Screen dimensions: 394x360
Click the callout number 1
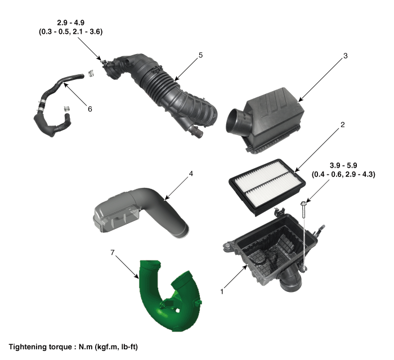[222, 291]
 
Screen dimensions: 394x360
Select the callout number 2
[342, 124]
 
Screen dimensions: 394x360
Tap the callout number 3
[345, 56]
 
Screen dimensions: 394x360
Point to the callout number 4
[191, 173]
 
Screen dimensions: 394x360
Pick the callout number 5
[200, 55]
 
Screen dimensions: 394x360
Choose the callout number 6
[89, 109]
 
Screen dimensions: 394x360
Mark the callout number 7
[113, 253]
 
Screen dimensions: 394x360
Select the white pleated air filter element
[267, 187]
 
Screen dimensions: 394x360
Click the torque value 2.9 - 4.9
[70, 22]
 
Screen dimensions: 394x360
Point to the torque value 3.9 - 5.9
[343, 165]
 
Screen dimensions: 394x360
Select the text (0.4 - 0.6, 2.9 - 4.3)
[343, 174]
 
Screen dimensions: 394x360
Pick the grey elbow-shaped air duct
[140, 213]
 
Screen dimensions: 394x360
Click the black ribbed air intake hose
[161, 93]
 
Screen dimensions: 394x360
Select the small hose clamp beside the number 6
[67, 109]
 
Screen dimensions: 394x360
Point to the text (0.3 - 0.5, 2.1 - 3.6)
[70, 31]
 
